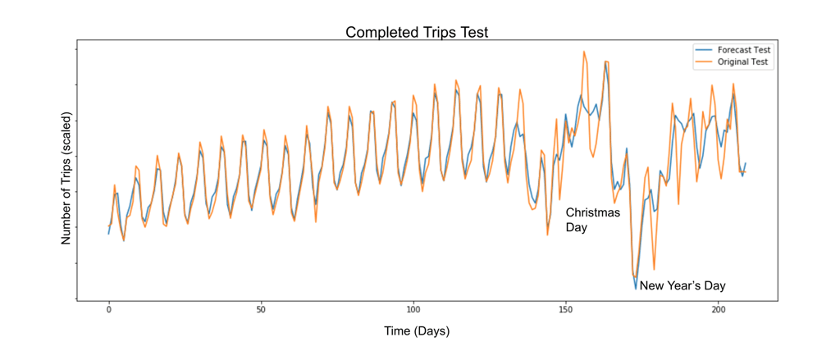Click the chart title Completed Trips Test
(418, 33)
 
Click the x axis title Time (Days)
(417, 331)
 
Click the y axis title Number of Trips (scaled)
(67, 178)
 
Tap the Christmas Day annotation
(592, 220)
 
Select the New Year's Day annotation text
(682, 286)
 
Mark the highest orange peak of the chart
(584, 51)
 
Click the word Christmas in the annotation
(592, 213)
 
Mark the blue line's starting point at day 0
(108, 234)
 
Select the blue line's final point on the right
(746, 163)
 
